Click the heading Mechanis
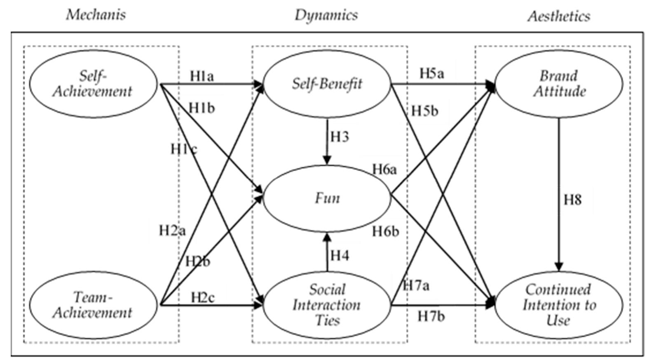96,15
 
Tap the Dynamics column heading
326,15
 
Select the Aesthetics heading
559,16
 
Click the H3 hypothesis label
340,136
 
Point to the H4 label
340,256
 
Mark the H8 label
572,200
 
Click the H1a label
202,76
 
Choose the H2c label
203,298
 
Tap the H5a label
432,73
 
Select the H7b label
431,316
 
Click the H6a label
384,169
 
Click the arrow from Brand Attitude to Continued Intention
559,195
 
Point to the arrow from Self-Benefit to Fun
327,141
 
